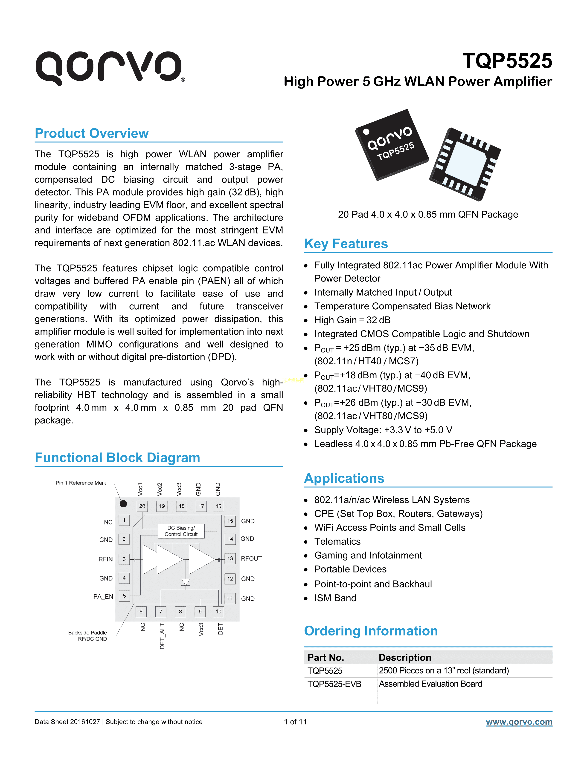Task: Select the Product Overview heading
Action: coord(92,133)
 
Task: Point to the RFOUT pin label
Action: coord(251,558)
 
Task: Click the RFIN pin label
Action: coord(106,559)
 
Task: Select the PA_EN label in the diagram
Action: coord(103,597)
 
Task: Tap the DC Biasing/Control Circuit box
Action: coord(181,531)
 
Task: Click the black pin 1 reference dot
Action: coord(123,503)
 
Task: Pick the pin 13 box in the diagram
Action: coord(230,558)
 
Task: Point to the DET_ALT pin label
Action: coord(162,636)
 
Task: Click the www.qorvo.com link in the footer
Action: coord(519,722)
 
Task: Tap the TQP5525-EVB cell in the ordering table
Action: coord(334,684)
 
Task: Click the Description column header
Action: coord(405,658)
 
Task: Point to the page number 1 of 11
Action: coord(295,722)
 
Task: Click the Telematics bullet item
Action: coord(337,541)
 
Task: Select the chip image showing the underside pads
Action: coord(465,164)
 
